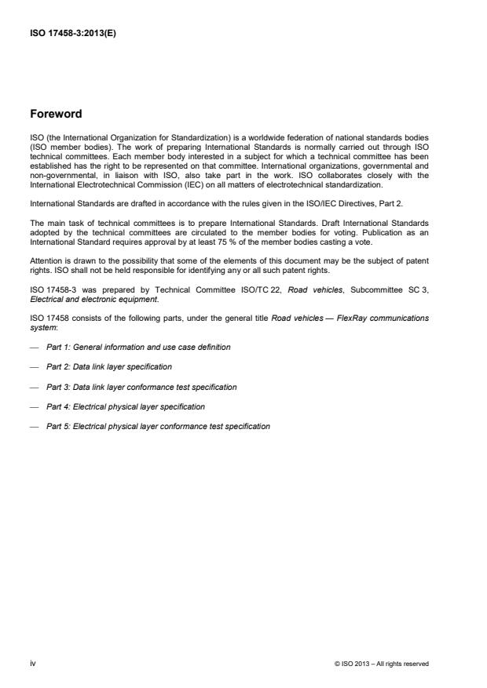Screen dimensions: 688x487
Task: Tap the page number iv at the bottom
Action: click(x=33, y=664)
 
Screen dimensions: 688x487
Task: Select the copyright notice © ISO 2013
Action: click(x=381, y=664)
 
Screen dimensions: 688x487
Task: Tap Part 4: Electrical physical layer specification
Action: click(x=126, y=406)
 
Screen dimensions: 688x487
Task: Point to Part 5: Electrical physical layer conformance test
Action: click(x=158, y=427)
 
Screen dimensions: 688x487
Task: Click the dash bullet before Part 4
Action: click(x=34, y=406)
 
